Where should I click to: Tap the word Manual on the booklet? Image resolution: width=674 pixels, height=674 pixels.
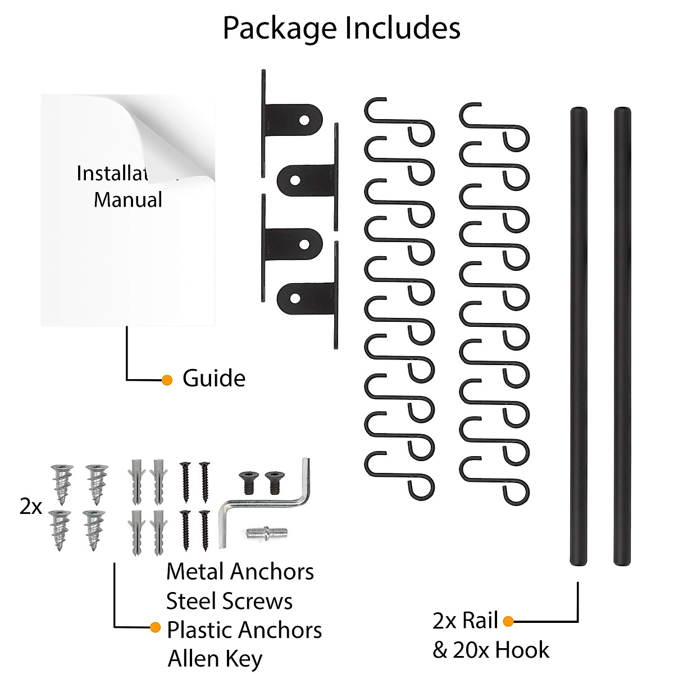(128, 200)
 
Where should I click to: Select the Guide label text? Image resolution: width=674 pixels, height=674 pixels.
(214, 379)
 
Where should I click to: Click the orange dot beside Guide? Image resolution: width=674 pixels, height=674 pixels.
(167, 380)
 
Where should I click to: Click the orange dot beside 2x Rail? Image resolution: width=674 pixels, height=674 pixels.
(508, 621)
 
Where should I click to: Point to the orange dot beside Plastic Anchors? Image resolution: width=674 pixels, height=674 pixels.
(156, 627)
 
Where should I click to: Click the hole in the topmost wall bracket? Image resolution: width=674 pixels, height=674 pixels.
(304, 120)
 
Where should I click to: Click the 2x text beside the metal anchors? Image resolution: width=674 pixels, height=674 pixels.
(31, 507)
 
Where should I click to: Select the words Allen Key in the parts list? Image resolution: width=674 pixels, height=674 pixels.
(215, 659)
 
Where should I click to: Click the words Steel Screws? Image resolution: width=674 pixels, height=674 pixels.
(229, 601)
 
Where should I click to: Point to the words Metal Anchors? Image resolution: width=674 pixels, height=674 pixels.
(240, 572)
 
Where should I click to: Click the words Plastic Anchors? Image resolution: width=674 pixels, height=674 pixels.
(244, 630)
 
